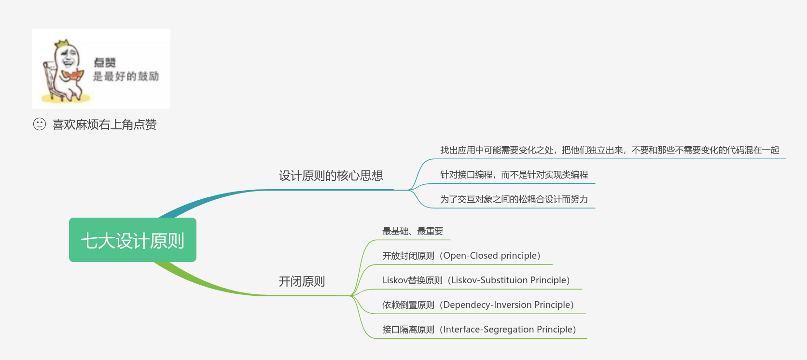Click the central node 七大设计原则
[x=133, y=240]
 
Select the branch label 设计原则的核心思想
[x=331, y=176]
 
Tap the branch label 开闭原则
[x=302, y=281]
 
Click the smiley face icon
[x=40, y=125]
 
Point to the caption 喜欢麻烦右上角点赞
[x=104, y=125]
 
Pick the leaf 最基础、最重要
[x=413, y=231]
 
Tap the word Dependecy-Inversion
[x=487, y=305]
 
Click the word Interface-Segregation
[x=488, y=330]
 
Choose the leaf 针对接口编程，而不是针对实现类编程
[x=514, y=175]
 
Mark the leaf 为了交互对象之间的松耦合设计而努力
[x=514, y=199]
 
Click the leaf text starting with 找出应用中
[x=610, y=150]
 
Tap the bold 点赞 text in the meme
[x=105, y=62]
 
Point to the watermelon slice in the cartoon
[x=72, y=75]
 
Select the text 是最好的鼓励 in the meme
[x=126, y=76]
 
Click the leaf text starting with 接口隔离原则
[x=479, y=330]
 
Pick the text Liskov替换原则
[x=412, y=280]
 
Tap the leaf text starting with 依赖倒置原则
[x=478, y=305]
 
